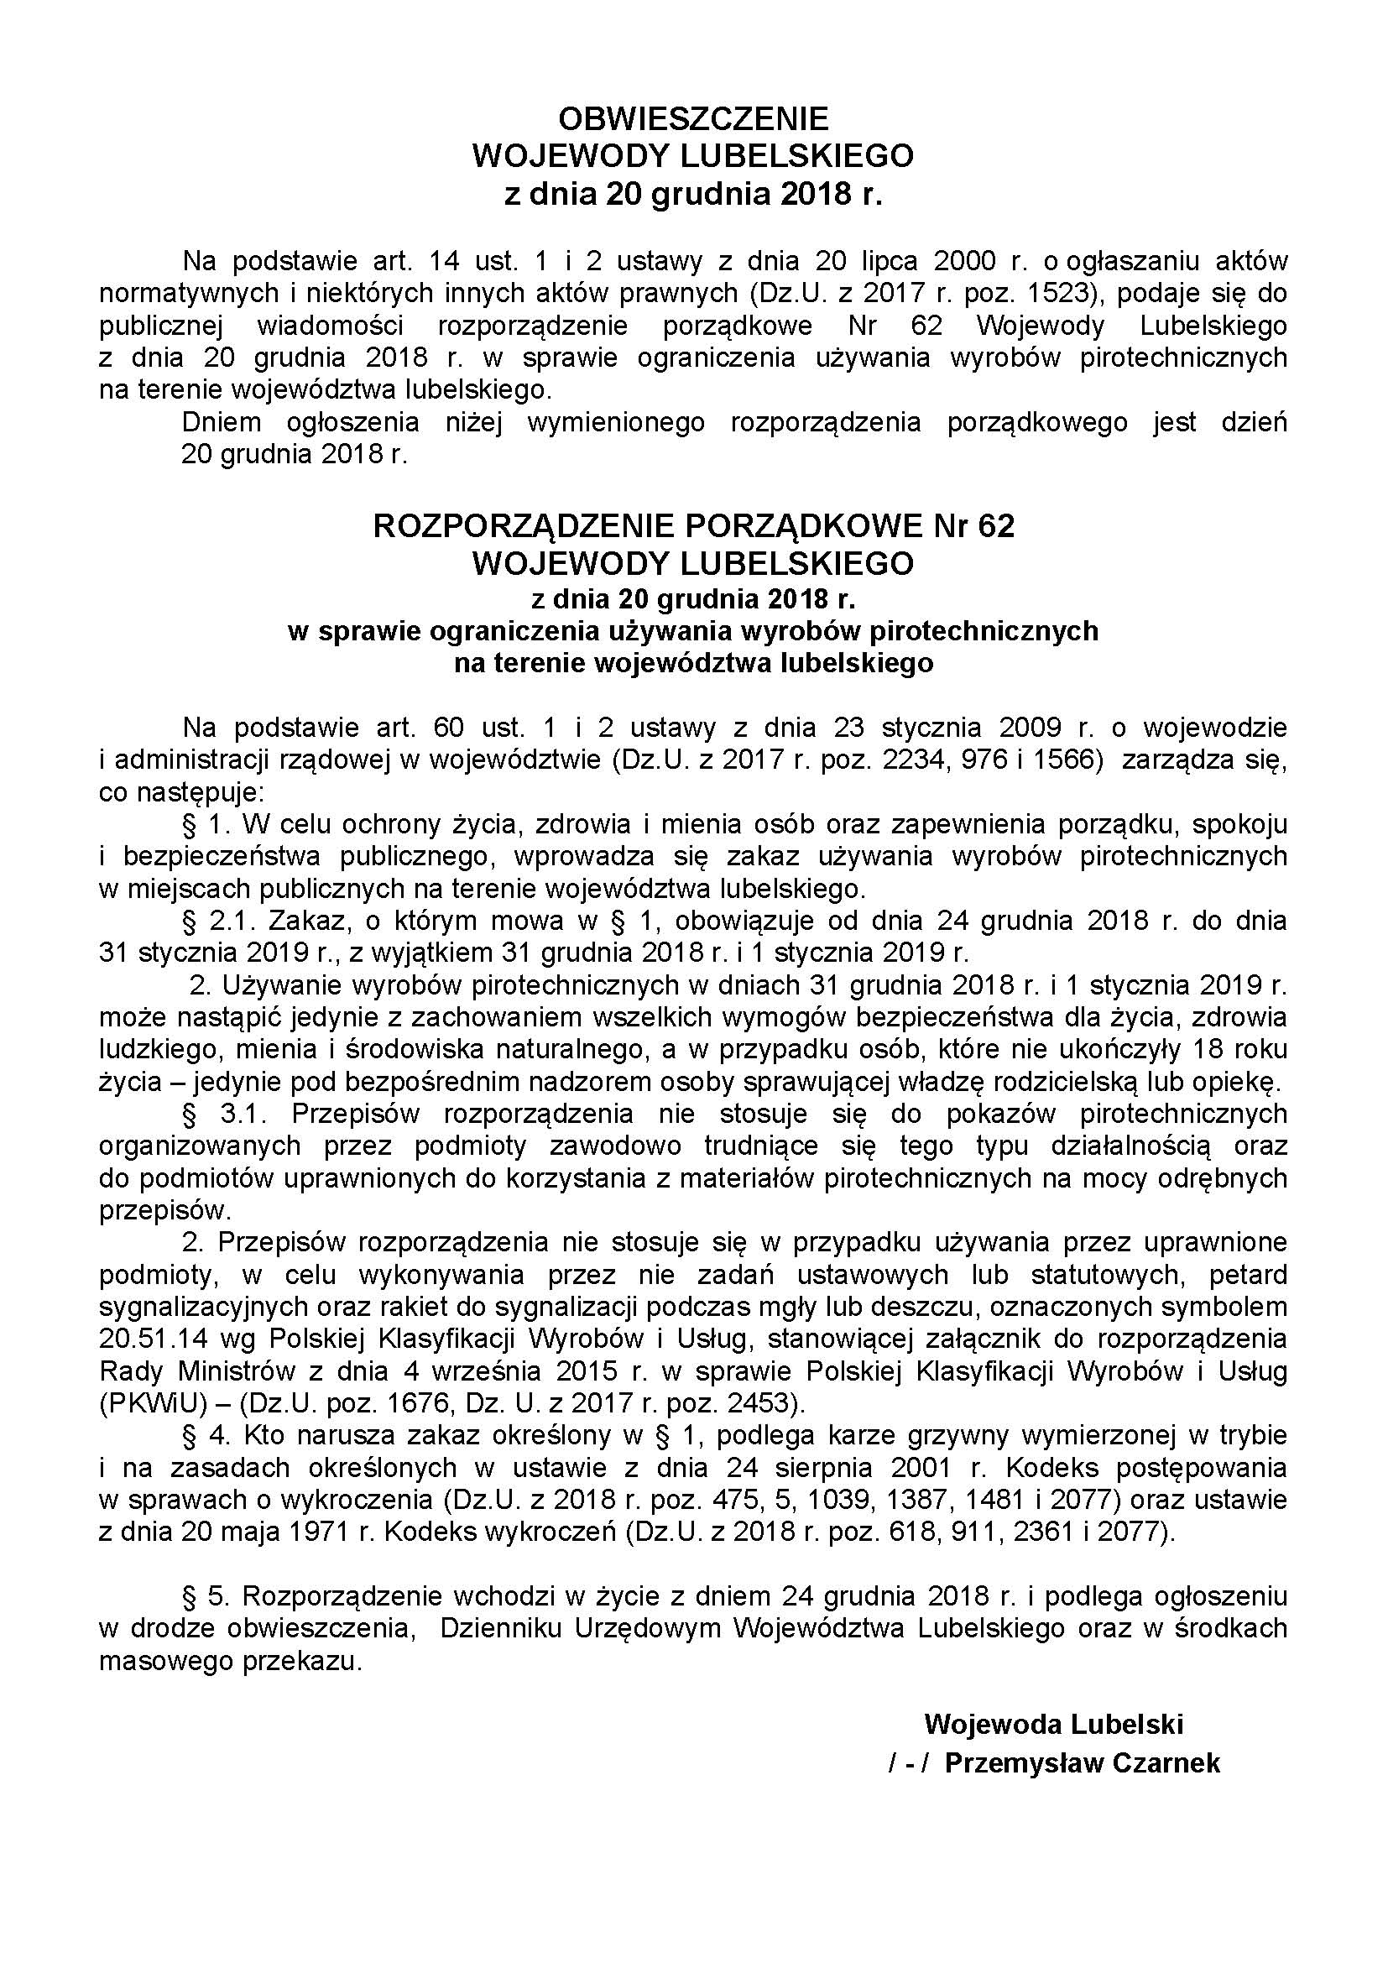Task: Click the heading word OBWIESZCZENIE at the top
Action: pyautogui.click(x=693, y=117)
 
